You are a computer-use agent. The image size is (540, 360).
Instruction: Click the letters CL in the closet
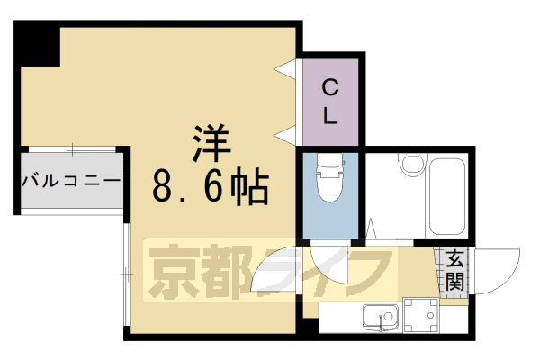331,101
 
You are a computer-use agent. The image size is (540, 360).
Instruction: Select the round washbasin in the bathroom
411,166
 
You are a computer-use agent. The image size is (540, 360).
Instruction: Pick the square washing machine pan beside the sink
421,315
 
